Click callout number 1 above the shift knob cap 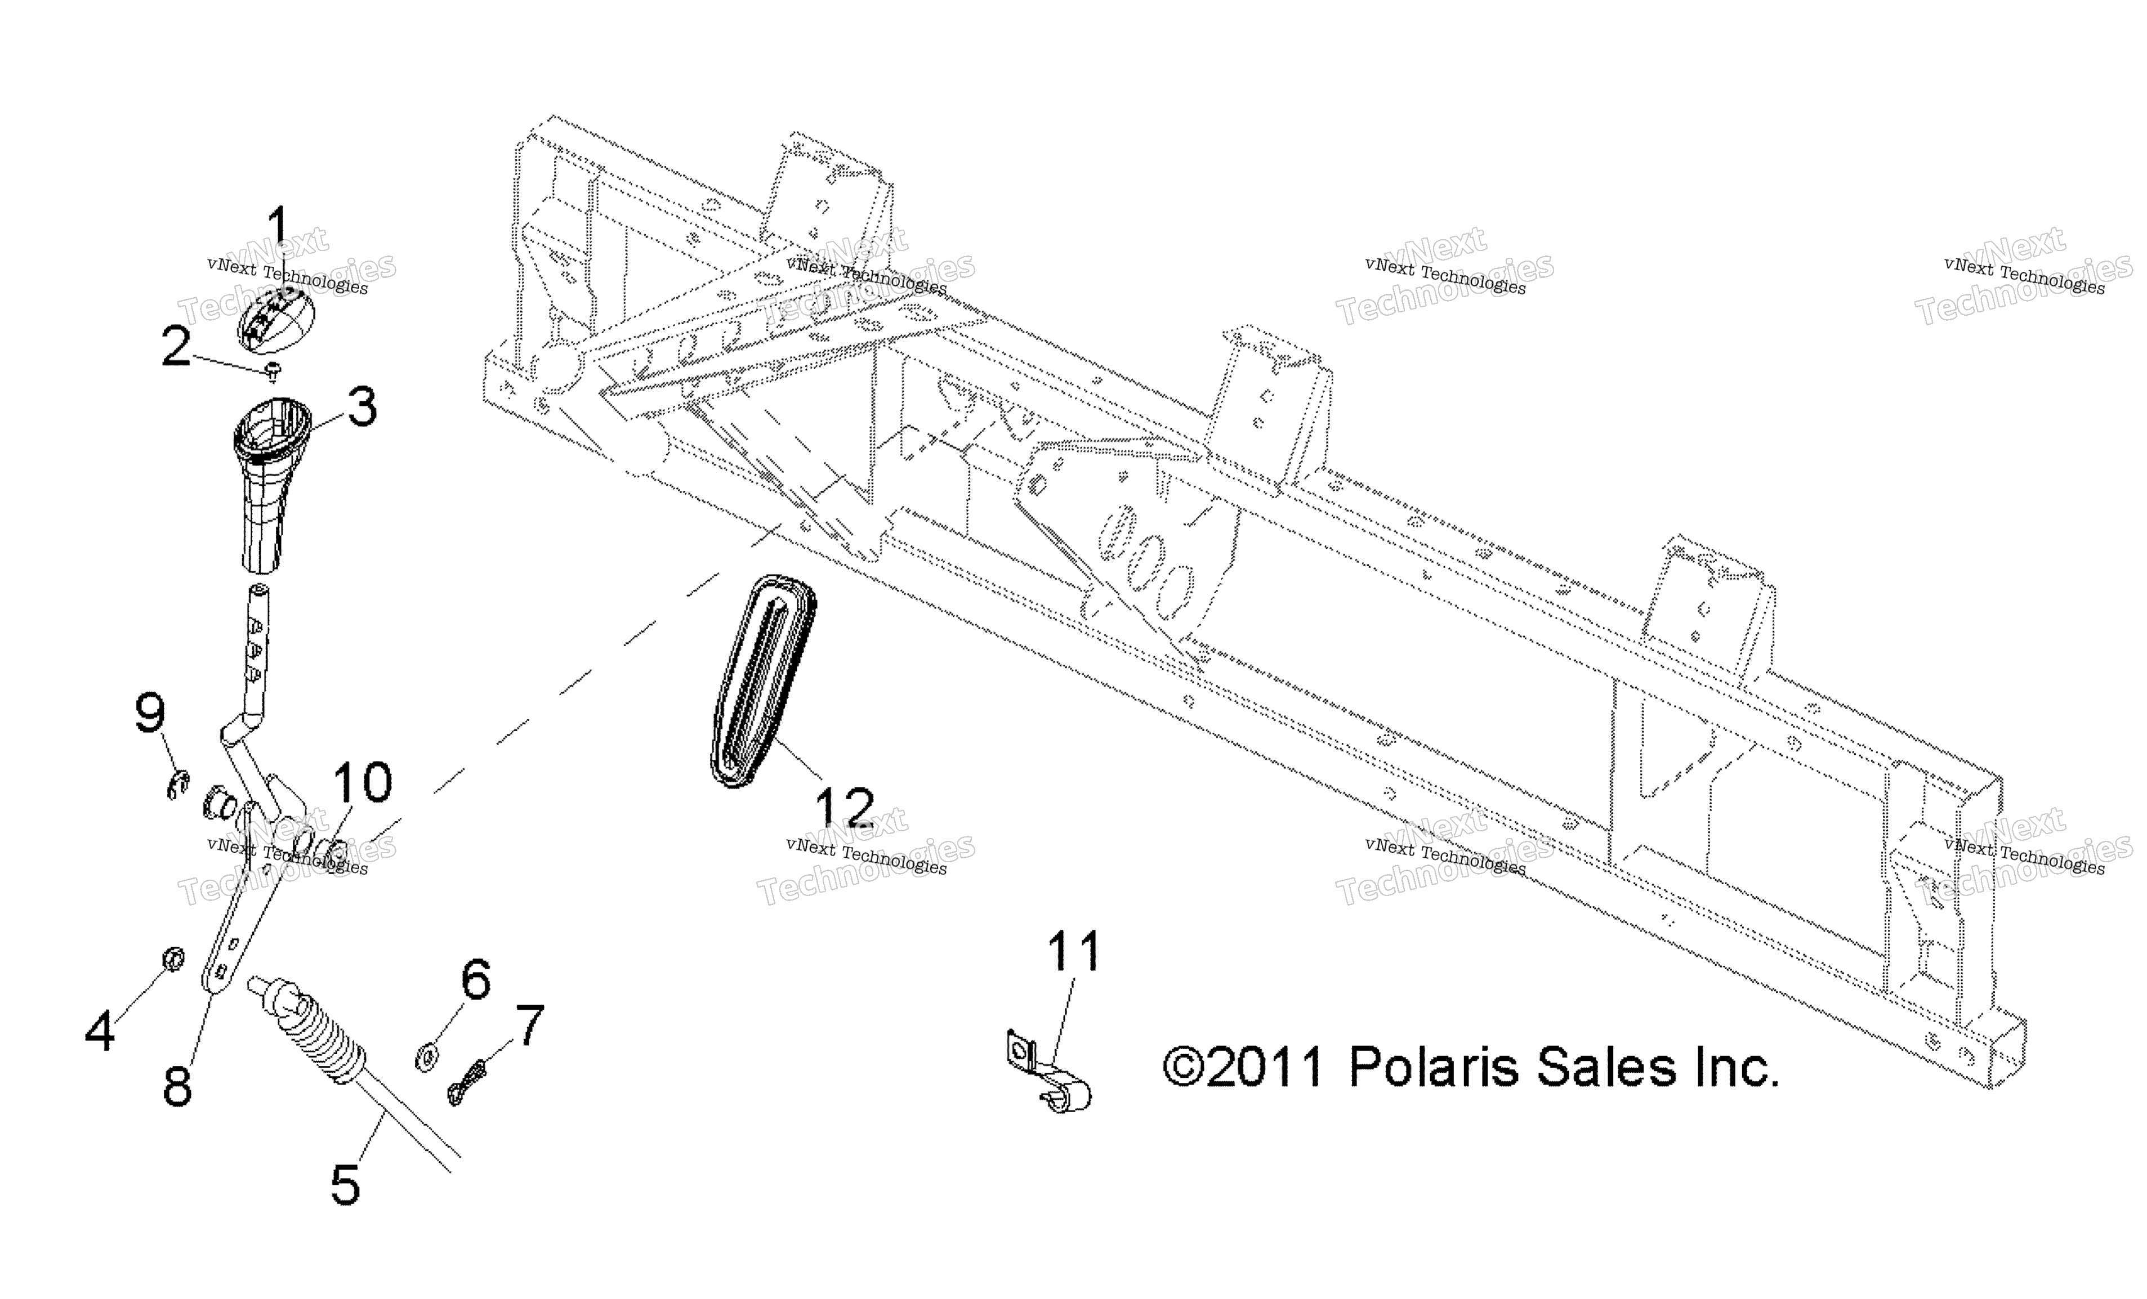[276, 226]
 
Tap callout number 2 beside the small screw [176, 346]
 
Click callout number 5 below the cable [345, 1184]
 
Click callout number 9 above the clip [150, 713]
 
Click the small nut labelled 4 [174, 959]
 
